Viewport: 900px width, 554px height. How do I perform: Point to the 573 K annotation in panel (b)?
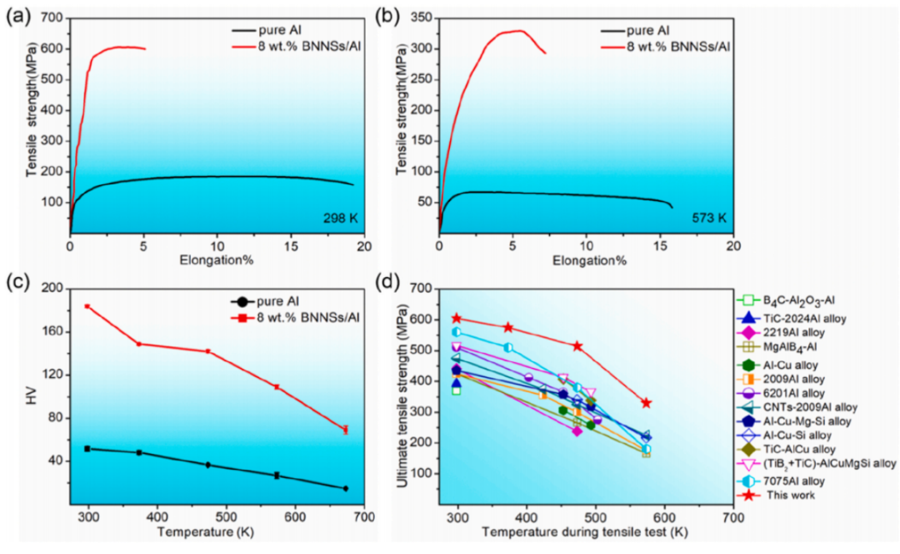(708, 219)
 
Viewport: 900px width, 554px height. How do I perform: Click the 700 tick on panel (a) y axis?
(52, 18)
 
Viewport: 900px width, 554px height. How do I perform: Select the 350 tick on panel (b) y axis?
(421, 18)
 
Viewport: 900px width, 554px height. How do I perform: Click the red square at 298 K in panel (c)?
(87, 306)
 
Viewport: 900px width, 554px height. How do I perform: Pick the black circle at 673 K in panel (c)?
(345, 489)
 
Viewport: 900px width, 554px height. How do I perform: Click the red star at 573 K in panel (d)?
(646, 403)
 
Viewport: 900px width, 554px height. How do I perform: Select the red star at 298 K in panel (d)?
(457, 318)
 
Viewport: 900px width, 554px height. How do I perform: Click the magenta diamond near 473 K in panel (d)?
(577, 431)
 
